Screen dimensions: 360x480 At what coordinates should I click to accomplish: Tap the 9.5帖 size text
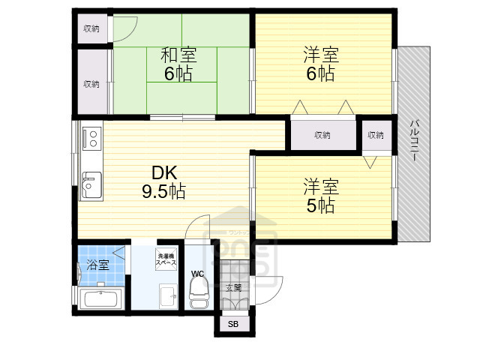pyautogui.click(x=163, y=191)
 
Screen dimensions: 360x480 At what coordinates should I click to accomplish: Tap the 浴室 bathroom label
pyautogui.click(x=97, y=264)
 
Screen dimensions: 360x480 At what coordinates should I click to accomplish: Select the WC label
pyautogui.click(x=197, y=274)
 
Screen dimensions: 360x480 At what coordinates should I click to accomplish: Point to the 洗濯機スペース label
pyautogui.click(x=166, y=259)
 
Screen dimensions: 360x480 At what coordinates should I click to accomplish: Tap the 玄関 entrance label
pyautogui.click(x=233, y=287)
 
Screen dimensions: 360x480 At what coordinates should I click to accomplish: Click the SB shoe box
pyautogui.click(x=232, y=324)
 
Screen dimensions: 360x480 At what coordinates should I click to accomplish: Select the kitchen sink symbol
pyautogui.click(x=92, y=182)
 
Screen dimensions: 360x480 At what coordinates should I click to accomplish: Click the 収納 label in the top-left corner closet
pyautogui.click(x=91, y=28)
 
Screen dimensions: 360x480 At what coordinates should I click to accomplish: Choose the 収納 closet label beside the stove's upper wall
pyautogui.click(x=91, y=84)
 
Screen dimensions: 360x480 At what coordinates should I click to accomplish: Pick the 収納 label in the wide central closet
pyautogui.click(x=322, y=135)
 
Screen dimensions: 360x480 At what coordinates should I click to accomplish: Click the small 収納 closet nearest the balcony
pyautogui.click(x=375, y=135)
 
